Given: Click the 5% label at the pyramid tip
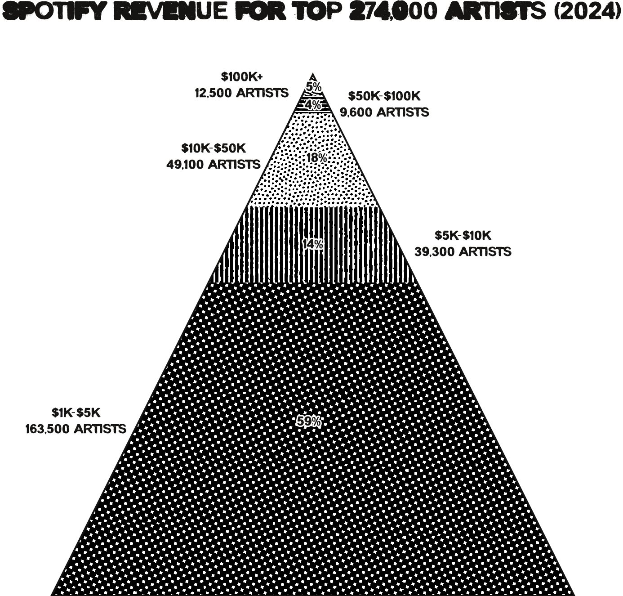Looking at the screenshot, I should [314, 86].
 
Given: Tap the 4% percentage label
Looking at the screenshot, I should [313, 105].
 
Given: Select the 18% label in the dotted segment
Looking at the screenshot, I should [316, 158].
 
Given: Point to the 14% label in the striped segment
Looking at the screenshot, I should [313, 245].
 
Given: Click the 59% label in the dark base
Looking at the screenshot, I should [309, 422].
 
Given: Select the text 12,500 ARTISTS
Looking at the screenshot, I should [241, 93].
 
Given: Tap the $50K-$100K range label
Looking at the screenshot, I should [384, 96].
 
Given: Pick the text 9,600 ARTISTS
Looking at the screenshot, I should [384, 112].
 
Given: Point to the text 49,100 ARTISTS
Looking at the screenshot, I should [214, 164].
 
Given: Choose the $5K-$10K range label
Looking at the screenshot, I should [463, 235].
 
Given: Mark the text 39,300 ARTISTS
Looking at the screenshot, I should [463, 251].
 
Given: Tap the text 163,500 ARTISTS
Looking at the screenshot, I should [76, 429].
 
